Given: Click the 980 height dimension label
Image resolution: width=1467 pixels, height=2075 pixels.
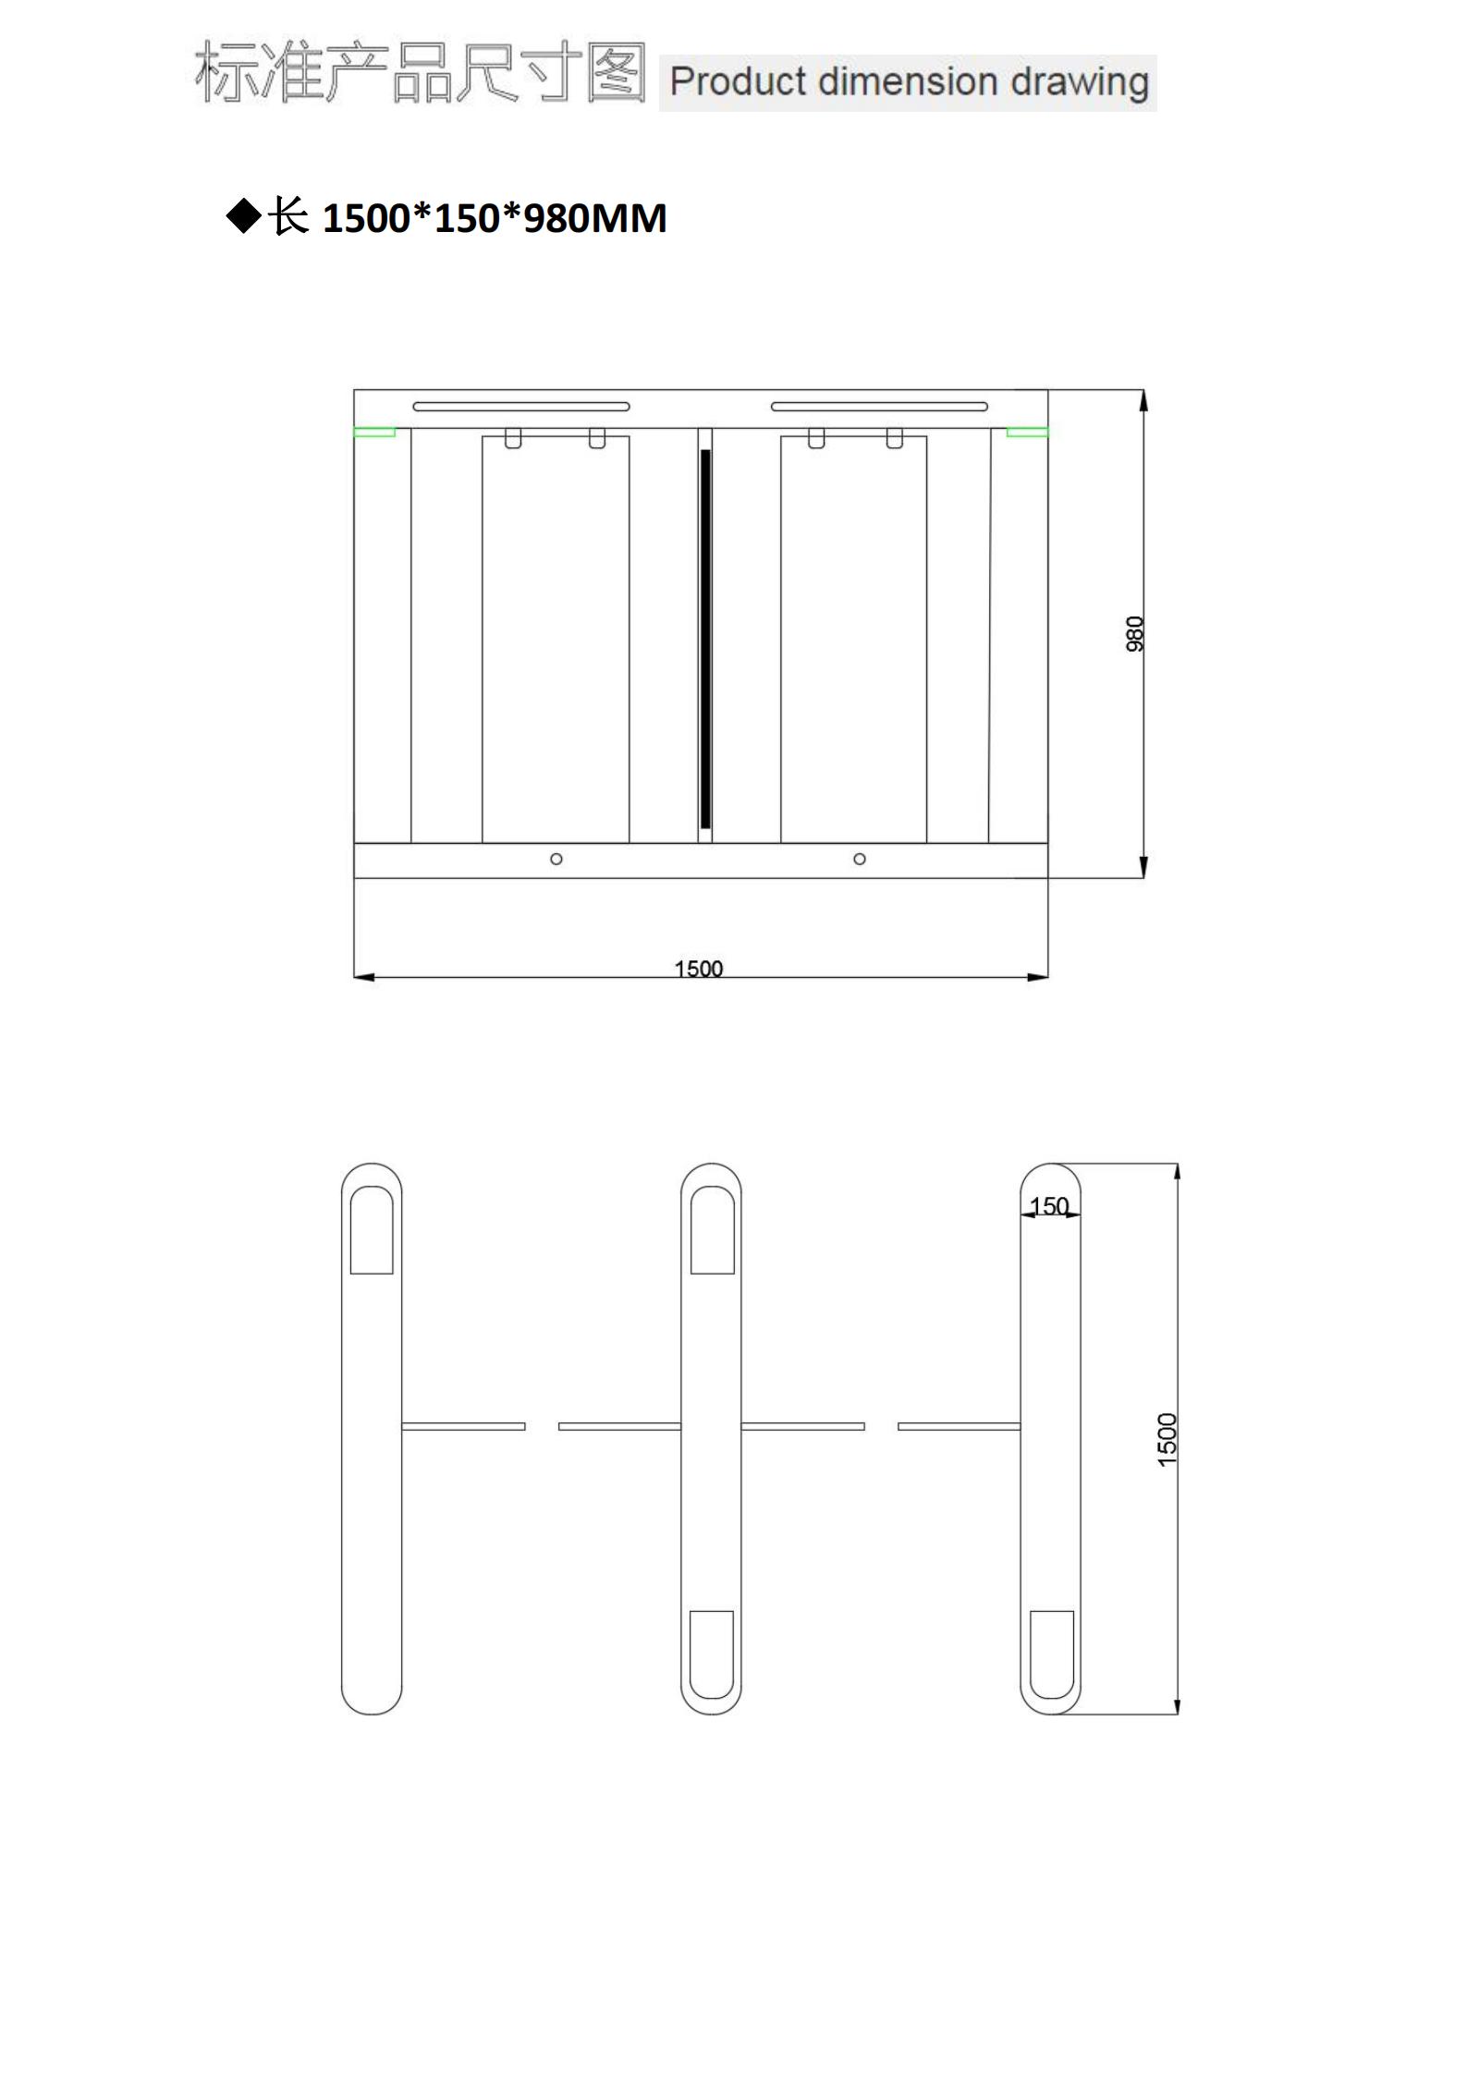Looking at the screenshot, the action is pyautogui.click(x=1135, y=634).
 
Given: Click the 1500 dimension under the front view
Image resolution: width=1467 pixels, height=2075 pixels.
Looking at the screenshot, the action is pyautogui.click(x=699, y=968).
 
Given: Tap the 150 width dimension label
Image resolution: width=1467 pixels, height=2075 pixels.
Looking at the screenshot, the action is pyautogui.click(x=1049, y=1206).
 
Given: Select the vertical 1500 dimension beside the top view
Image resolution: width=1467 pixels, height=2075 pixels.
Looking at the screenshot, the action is pyautogui.click(x=1167, y=1439).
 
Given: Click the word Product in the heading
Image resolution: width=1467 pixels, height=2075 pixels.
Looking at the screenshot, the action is pyautogui.click(x=739, y=82).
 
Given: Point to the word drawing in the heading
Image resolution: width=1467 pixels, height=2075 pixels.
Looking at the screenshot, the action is pyautogui.click(x=1079, y=82).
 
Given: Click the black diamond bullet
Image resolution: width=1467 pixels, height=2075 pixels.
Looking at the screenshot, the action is pyautogui.click(x=244, y=216).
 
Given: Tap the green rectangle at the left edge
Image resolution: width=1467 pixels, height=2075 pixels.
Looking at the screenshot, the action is pyautogui.click(x=375, y=432).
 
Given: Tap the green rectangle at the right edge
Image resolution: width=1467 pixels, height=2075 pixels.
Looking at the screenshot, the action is pyautogui.click(x=1027, y=432).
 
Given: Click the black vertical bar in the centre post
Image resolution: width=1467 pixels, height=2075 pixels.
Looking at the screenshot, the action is pyautogui.click(x=705, y=638).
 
